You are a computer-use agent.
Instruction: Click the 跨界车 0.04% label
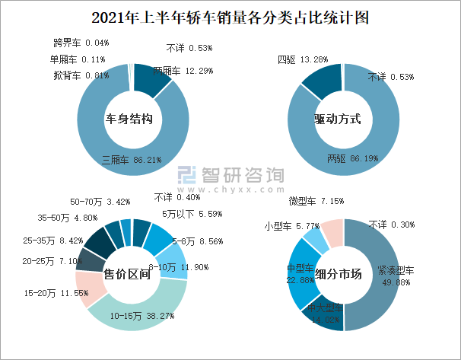pyautogui.click(x=81, y=43)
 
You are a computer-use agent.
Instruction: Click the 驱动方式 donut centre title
pyautogui.click(x=336, y=119)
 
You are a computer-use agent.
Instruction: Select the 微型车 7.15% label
pyautogui.click(x=316, y=201)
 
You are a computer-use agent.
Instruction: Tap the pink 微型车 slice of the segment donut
pyautogui.click(x=332, y=231)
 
